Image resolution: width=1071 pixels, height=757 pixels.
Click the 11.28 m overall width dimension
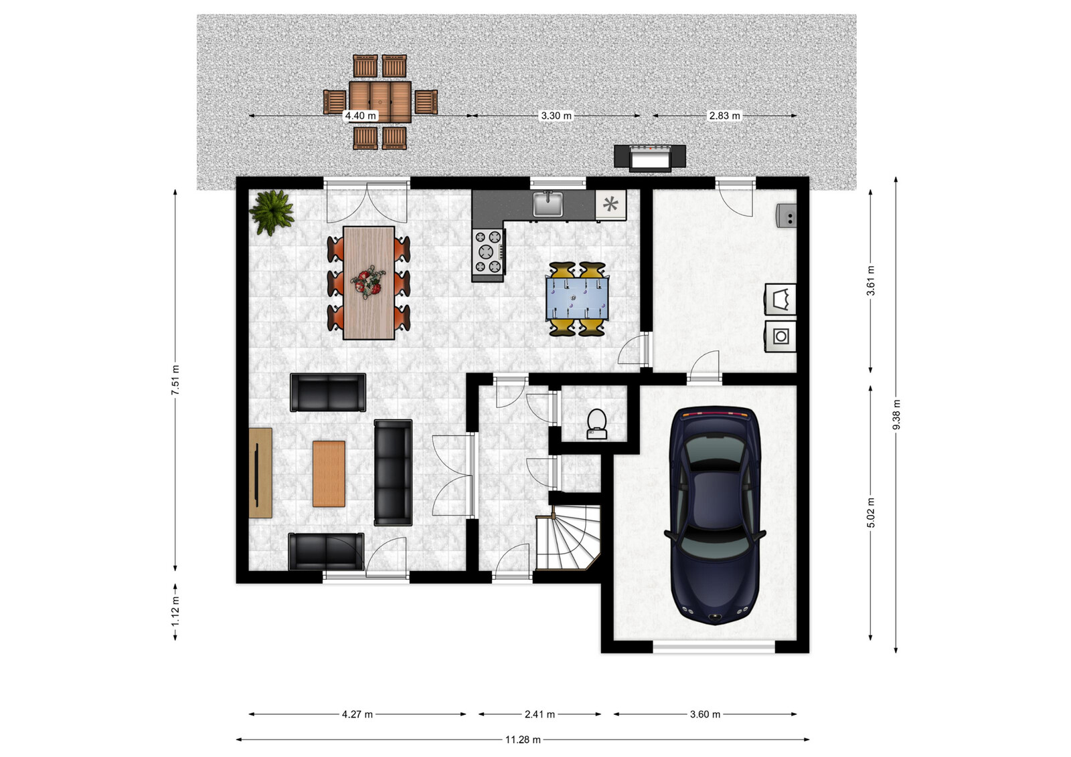(523, 740)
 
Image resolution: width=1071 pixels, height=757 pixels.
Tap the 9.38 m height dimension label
(896, 415)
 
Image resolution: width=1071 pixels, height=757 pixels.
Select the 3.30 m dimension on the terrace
(556, 116)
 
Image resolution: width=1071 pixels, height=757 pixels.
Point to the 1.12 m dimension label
(175, 611)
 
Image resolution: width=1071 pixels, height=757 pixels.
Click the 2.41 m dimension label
(540, 714)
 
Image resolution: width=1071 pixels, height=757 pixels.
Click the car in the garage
(714, 516)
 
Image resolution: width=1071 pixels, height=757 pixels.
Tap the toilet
(596, 423)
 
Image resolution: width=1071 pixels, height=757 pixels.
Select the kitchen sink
(548, 204)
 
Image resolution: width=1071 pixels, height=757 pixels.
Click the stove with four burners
(488, 252)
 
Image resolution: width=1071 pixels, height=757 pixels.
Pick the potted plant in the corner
(272, 213)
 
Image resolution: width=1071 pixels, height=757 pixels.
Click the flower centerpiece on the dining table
(367, 283)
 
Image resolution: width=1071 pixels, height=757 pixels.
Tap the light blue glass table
(577, 298)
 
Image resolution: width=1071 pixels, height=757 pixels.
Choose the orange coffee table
(329, 473)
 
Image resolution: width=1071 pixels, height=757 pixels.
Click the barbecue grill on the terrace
(650, 158)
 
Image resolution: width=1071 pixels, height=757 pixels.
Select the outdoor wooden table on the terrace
(380, 102)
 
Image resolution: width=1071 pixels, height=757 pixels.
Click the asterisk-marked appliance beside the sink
(610, 205)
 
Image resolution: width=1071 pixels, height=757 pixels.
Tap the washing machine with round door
(780, 336)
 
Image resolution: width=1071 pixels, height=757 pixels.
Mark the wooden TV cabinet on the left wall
(260, 473)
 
